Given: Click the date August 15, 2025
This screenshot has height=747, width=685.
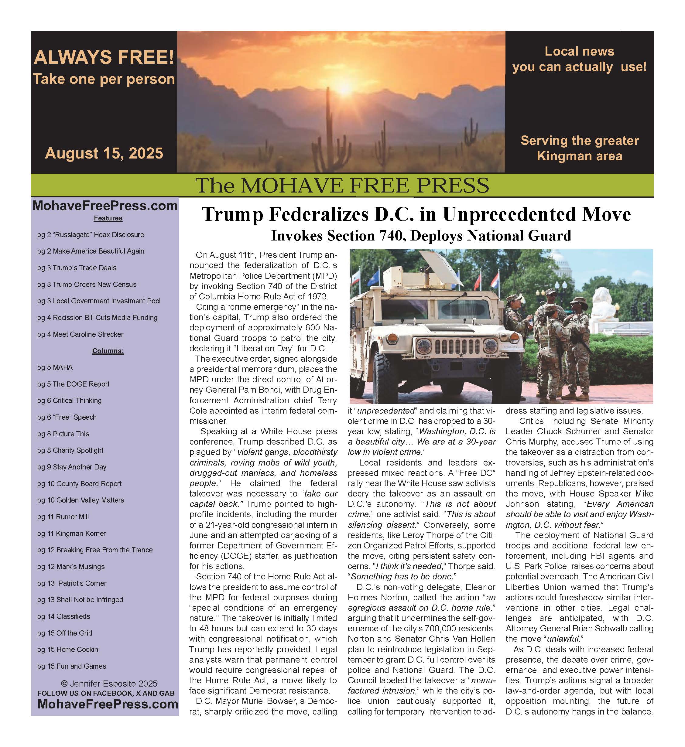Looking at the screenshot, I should point(104,153).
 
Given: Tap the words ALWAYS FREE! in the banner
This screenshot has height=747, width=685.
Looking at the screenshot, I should point(104,57).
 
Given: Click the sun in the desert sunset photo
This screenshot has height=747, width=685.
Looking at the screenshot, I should point(345,87).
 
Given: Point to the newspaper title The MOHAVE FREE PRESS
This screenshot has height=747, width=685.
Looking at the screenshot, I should point(342,185).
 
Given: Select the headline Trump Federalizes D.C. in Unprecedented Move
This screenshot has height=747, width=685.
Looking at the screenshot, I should point(416,214).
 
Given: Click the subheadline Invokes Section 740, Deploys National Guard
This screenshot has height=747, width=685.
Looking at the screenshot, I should point(421,236).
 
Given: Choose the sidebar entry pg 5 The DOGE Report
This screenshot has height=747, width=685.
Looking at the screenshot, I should point(74,384).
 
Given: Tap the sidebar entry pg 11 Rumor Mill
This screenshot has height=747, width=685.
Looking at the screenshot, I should point(63,517).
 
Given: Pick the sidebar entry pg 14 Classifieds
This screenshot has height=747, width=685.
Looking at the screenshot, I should point(64,616).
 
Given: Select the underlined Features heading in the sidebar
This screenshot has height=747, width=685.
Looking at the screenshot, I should point(108,218).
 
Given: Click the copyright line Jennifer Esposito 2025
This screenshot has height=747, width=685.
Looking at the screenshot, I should point(109,684).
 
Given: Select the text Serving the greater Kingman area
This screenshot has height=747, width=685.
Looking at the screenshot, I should point(579,148).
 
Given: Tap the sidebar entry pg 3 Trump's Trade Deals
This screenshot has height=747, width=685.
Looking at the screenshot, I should point(77,268).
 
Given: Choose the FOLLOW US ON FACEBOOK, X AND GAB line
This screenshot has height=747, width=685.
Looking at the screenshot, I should point(106,693).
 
